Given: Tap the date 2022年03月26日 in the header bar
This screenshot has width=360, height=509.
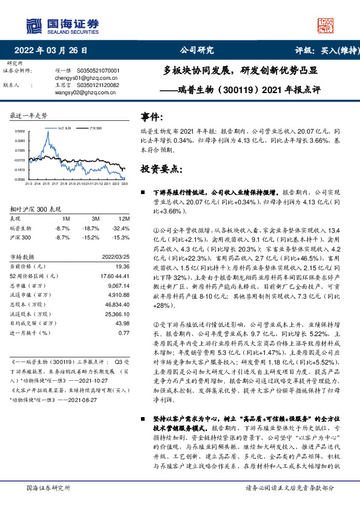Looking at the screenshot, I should (x=55, y=50).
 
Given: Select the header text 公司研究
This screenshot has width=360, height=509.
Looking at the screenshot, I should (x=197, y=50).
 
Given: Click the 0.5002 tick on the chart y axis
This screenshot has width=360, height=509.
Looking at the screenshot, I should (x=19, y=131).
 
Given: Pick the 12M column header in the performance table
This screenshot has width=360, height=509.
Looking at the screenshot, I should (x=125, y=218).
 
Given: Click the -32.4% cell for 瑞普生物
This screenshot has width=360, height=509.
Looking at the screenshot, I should (x=122, y=229).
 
